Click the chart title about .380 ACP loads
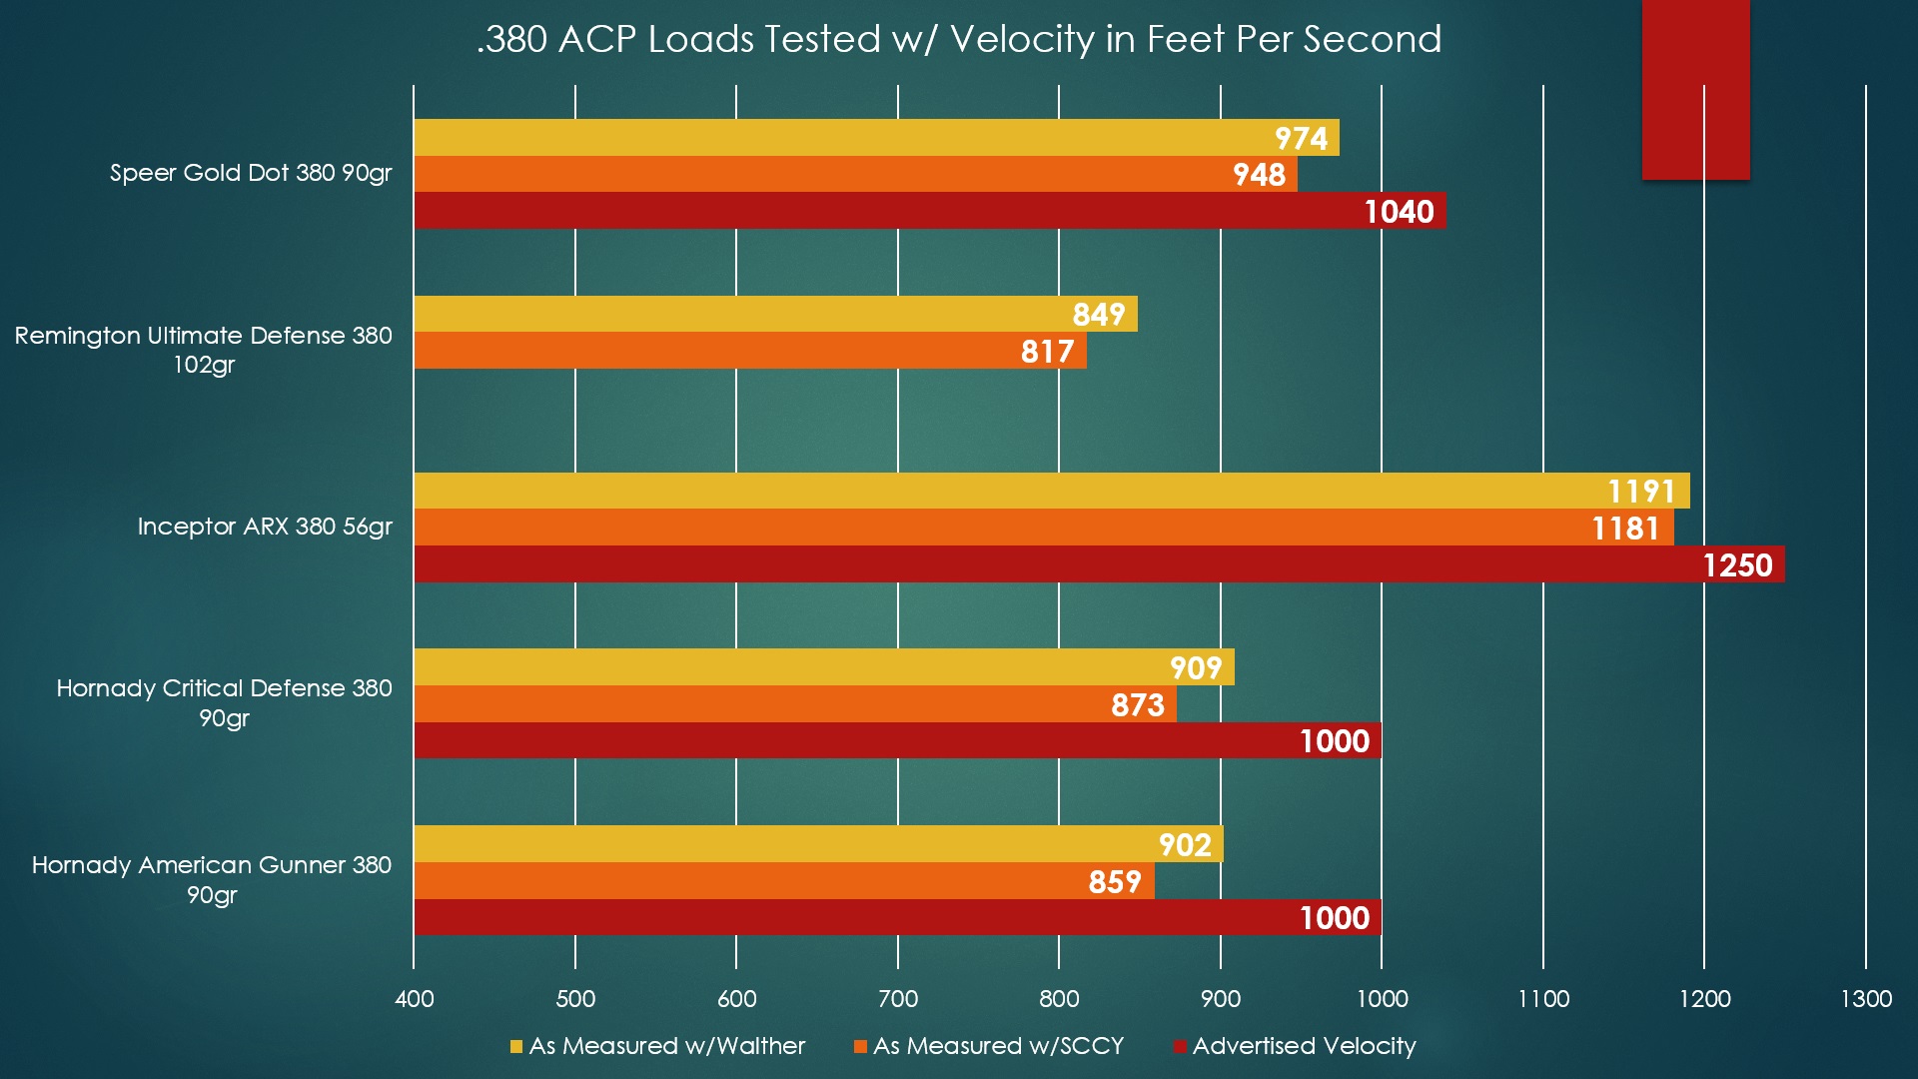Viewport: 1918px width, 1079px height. coord(959,40)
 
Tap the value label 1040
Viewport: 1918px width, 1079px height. coord(1399,212)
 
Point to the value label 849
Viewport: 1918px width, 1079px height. coord(1099,315)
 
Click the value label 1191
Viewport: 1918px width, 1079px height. coord(1641,492)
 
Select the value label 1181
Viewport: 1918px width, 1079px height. coord(1625,529)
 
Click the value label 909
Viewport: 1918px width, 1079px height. coord(1196,668)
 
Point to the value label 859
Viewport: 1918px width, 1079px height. coord(1115,882)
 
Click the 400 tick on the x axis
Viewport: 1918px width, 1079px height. coord(415,998)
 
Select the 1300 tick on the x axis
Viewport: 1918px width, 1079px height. coord(1866,998)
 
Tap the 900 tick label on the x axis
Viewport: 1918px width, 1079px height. coord(1221,998)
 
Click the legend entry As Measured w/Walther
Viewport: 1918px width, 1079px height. coord(666,1046)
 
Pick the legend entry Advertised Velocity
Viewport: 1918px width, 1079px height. coord(1304,1046)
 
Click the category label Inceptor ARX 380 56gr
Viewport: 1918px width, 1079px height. coord(265,527)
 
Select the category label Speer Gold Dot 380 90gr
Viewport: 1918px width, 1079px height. coord(251,173)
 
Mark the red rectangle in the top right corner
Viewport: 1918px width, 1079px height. coord(1695,90)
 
